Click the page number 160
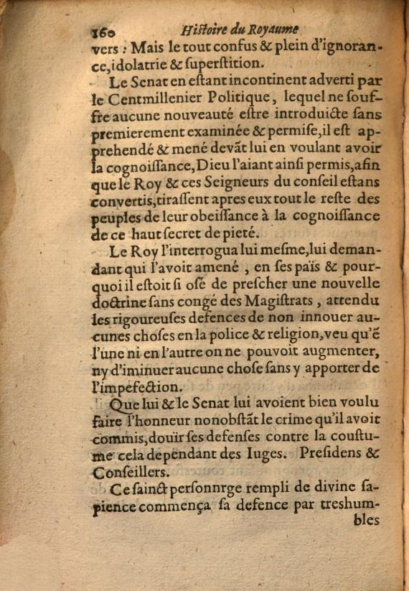point(105,32)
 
